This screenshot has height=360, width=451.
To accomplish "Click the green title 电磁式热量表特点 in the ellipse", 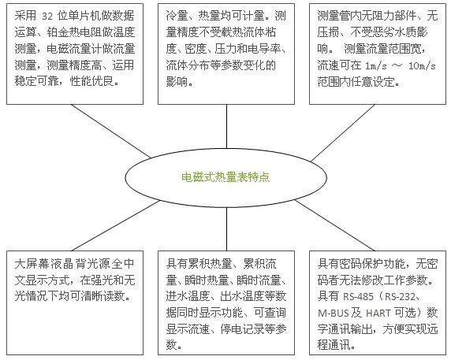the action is pos(225,177).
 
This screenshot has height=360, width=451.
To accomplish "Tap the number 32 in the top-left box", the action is pos(47,17).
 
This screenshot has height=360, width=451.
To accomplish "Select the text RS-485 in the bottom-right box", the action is pos(358,296).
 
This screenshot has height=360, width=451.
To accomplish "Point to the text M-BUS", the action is pos(334,313).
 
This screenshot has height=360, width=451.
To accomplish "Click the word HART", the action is pos(378,313).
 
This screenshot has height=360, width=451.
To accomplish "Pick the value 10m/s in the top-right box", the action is pos(422,66).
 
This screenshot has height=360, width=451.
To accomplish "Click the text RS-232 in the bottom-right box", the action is pos(400,296).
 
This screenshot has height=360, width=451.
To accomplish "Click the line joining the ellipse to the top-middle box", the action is pos(226,126).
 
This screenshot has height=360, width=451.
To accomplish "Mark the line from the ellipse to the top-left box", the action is pos(110,131).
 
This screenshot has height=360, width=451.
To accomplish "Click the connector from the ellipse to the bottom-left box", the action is pos(115,226).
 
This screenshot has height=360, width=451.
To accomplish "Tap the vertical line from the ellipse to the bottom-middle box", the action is pos(226,229).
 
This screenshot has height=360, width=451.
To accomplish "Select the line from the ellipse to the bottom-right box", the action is pos(335,225).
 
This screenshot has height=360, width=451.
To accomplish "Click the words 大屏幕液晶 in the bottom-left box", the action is pos(43,264).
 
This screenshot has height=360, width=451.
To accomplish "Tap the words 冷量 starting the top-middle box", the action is pos(177,16).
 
